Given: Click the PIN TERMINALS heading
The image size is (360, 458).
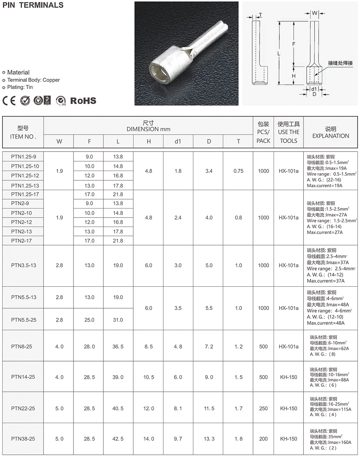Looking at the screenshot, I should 33,5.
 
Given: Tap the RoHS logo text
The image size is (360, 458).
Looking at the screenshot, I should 83,100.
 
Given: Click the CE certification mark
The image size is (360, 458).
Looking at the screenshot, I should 9,100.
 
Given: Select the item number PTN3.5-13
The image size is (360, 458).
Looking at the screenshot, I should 23,265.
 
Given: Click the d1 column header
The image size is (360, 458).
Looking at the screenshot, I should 178,142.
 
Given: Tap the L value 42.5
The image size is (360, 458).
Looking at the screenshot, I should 118,439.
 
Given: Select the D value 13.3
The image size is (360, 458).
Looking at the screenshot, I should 209,439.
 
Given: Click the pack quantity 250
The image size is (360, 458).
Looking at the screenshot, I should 263,408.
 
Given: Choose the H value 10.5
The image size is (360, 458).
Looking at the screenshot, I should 148,377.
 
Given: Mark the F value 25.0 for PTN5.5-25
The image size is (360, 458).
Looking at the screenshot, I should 89,320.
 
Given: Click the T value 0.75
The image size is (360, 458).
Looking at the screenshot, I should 238,171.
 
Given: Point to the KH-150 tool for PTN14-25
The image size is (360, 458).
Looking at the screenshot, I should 288,377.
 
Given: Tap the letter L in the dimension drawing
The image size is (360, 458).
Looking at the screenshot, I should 279,53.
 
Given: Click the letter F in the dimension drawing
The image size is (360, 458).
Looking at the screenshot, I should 294,44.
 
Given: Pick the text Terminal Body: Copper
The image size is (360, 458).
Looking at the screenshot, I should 33,80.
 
